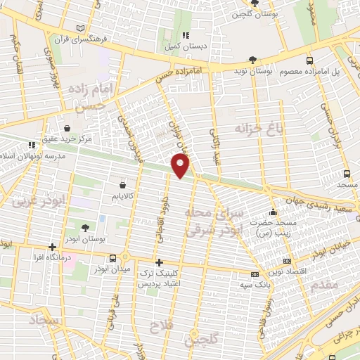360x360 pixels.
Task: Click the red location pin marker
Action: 181,166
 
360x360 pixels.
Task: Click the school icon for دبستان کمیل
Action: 186,35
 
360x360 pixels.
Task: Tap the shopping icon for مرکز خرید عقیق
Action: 66,129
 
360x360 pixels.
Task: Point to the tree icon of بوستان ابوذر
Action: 85,227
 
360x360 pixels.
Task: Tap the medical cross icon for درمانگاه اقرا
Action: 52,247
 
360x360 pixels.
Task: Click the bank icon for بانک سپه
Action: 253,274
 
